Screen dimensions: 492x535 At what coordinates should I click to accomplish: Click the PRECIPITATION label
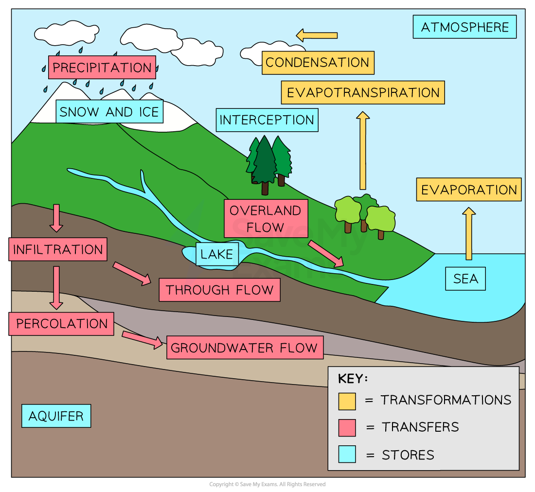[x=102, y=67]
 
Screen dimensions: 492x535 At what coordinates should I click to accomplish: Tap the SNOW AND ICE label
[x=109, y=112]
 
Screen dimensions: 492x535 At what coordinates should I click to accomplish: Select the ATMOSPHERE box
[x=464, y=27]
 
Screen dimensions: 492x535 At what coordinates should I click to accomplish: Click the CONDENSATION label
[x=318, y=62]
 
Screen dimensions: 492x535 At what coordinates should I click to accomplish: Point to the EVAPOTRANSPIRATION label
[x=363, y=92]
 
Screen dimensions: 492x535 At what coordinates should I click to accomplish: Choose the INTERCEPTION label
[x=267, y=120]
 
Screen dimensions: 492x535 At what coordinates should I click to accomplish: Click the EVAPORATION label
[x=469, y=190]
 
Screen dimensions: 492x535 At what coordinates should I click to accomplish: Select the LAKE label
[x=217, y=254]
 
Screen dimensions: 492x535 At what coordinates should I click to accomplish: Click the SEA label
[x=465, y=279]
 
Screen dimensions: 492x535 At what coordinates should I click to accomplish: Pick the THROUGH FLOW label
[x=219, y=290]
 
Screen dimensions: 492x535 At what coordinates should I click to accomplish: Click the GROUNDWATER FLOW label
[x=245, y=348]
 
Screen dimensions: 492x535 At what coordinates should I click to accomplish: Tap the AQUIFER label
[x=56, y=416]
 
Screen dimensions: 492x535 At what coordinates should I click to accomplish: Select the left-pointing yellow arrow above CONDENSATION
[x=317, y=35]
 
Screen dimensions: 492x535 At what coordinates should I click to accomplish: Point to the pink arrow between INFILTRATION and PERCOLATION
[x=56, y=287]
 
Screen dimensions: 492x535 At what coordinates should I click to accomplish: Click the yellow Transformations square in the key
[x=347, y=401]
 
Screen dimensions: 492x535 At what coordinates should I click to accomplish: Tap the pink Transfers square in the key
[x=347, y=427]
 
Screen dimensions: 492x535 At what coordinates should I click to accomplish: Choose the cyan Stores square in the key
[x=347, y=454]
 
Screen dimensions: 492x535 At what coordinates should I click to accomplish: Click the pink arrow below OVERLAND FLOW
[x=325, y=253]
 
